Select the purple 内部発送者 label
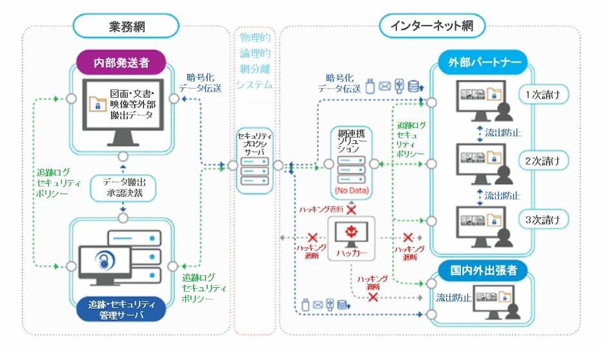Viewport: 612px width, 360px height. (x=121, y=63)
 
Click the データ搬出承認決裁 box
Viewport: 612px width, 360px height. (x=121, y=187)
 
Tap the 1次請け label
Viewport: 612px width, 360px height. (x=543, y=95)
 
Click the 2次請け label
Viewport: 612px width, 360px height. (x=543, y=161)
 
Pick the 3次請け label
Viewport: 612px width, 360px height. (x=543, y=219)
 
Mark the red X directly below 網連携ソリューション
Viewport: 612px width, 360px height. (x=352, y=209)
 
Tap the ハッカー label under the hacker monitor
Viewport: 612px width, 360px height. (x=352, y=253)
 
